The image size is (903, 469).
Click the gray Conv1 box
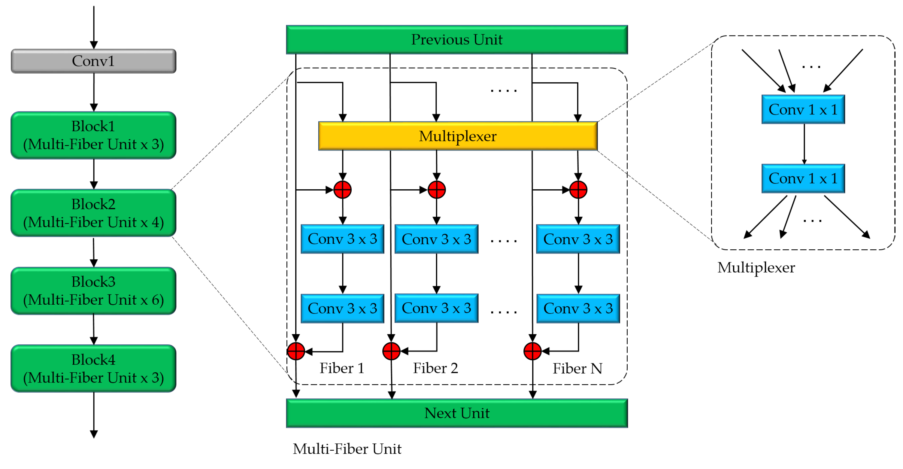(x=93, y=61)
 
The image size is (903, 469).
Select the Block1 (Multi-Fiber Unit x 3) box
(x=93, y=136)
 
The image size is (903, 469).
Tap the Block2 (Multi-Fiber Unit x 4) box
(x=93, y=213)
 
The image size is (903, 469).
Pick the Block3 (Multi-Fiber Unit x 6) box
(x=93, y=291)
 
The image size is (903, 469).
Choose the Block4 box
(x=93, y=368)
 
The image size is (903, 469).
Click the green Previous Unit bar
(x=456, y=40)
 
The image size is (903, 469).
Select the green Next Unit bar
(x=456, y=413)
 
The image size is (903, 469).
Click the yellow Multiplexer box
(x=457, y=136)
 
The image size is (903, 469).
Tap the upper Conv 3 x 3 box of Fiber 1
(x=342, y=239)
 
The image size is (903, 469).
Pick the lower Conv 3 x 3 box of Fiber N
(x=578, y=308)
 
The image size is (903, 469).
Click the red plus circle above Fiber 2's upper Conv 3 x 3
(x=436, y=190)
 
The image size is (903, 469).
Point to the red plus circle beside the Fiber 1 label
(x=296, y=351)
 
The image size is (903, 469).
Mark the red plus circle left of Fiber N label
(x=532, y=351)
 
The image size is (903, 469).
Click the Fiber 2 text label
(x=435, y=368)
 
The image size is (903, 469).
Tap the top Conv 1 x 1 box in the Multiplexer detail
(x=803, y=109)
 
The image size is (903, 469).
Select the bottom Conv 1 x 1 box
(x=803, y=178)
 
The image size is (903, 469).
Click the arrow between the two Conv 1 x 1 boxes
(x=804, y=144)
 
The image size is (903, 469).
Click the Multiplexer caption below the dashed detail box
(x=756, y=268)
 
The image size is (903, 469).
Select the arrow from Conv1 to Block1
(x=94, y=92)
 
